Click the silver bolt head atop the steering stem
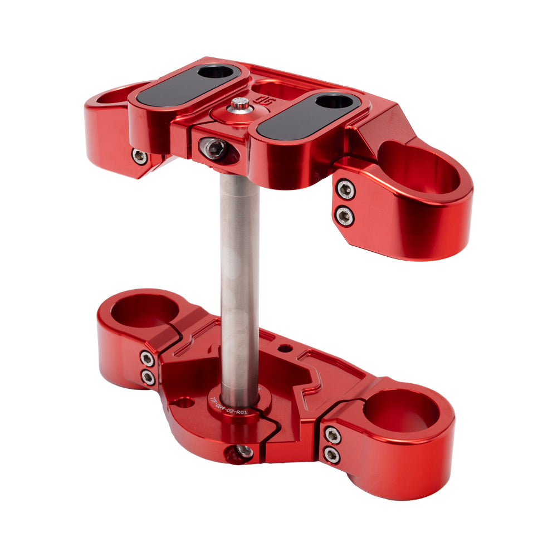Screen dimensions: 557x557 [241, 104]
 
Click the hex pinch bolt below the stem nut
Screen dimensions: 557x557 [214, 148]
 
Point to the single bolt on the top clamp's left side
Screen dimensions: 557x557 [139, 157]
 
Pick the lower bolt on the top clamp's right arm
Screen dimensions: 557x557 [345, 215]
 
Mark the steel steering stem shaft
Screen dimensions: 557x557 [240, 278]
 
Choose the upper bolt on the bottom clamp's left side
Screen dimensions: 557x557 [147, 358]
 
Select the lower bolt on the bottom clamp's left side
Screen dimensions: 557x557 [148, 378]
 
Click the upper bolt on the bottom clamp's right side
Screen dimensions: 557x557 [333, 434]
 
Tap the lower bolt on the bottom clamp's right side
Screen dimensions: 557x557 [331, 455]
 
